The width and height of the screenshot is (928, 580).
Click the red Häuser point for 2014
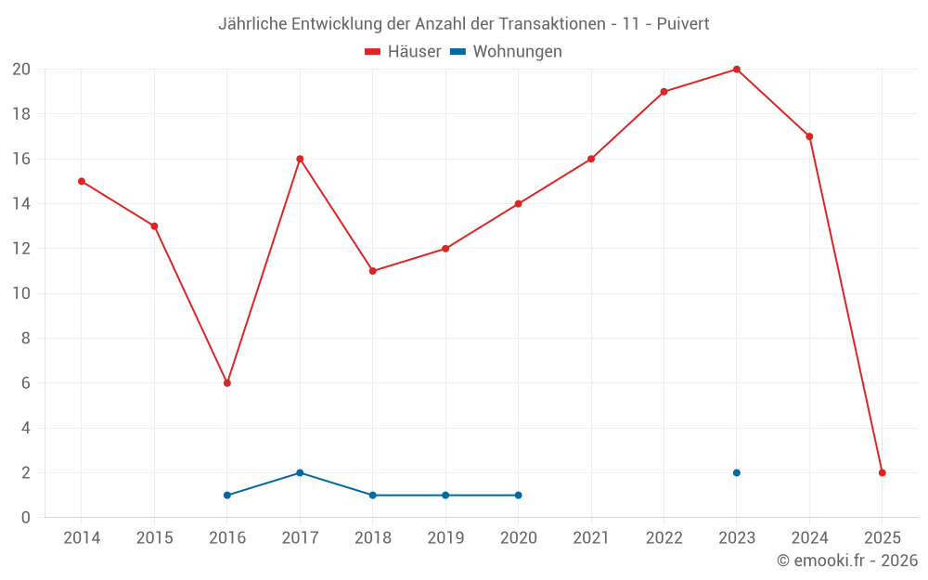[82, 181]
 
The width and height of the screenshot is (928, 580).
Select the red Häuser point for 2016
[227, 383]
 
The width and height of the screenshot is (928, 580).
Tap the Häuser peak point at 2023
[737, 70]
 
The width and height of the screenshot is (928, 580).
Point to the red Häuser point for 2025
[883, 472]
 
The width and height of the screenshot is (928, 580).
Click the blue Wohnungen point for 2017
[300, 472]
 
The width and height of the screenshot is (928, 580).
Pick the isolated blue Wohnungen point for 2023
[737, 472]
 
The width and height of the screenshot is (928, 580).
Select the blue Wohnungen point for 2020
[518, 495]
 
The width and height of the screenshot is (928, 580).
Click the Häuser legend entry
[403, 52]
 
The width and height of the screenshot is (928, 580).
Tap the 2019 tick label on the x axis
[445, 538]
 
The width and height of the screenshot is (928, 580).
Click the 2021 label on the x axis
[591, 538]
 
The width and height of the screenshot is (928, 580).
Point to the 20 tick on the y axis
[21, 70]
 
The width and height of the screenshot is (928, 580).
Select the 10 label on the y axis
[21, 293]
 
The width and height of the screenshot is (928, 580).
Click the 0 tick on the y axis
[26, 518]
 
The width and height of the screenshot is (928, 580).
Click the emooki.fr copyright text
[847, 561]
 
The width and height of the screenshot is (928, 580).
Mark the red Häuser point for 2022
[664, 92]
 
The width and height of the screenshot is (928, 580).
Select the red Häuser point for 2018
[373, 271]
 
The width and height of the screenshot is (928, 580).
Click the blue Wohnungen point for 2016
[227, 495]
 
